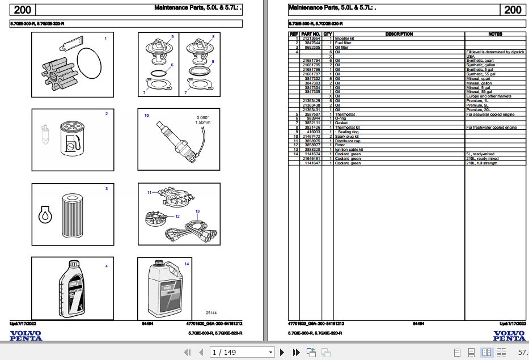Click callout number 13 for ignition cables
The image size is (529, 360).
197,211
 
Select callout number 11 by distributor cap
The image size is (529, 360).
150,193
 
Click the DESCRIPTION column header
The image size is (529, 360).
399,34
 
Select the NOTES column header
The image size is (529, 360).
495,34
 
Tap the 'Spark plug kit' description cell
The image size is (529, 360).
347,137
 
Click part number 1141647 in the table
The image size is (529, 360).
312,163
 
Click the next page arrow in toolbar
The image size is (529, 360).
282,353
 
